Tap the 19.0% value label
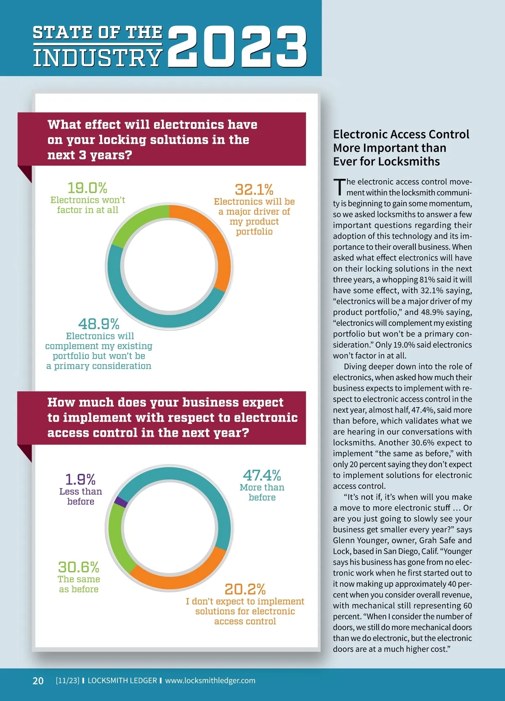click(x=87, y=187)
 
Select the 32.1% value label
click(x=254, y=189)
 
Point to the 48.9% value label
click(x=99, y=324)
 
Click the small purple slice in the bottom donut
click(x=121, y=501)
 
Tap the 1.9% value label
click(x=80, y=479)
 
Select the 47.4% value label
click(x=262, y=475)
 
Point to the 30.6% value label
click(x=79, y=567)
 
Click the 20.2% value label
click(x=245, y=589)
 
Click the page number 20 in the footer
click(x=38, y=680)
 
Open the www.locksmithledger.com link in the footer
click(x=210, y=680)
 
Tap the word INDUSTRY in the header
click(x=98, y=58)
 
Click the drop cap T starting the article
click(x=339, y=187)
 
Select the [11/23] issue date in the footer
click(x=67, y=680)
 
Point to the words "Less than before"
click(x=80, y=496)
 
